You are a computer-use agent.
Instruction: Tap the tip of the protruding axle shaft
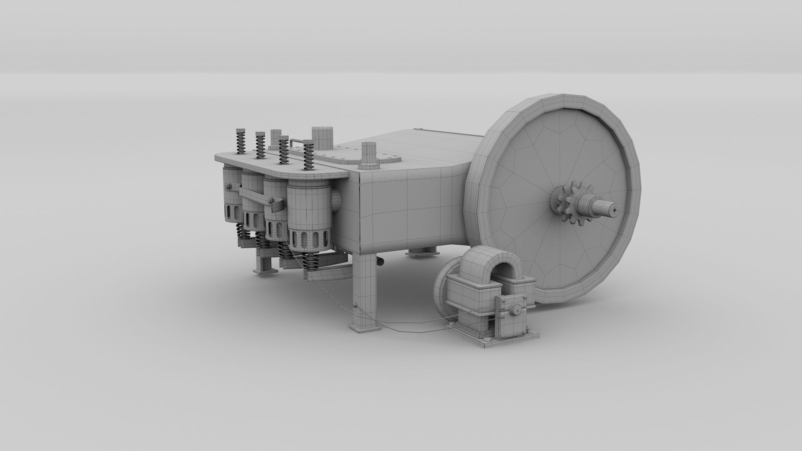pos(615,209)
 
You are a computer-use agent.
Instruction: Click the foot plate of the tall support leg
pos(365,328)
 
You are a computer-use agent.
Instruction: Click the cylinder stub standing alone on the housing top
pos(369,155)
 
